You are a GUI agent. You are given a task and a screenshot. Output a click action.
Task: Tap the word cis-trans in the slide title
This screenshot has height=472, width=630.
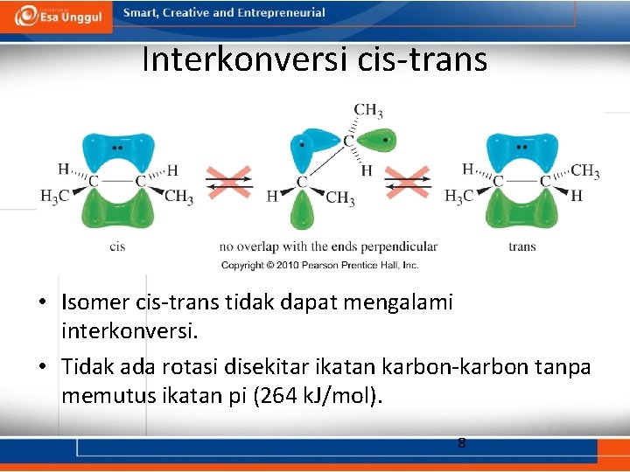(x=423, y=59)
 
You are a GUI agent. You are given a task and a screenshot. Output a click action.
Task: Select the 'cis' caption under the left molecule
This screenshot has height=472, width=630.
(x=117, y=246)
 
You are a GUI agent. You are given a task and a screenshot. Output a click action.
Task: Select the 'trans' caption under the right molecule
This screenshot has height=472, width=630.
(x=521, y=246)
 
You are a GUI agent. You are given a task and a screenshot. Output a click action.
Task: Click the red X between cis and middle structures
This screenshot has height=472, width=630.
(x=229, y=183)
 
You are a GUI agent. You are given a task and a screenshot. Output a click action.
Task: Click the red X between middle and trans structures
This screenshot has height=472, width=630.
(x=408, y=183)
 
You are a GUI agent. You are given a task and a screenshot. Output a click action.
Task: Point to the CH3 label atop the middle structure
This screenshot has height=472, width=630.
(x=367, y=111)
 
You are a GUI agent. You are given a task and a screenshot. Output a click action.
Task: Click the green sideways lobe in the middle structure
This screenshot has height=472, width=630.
(x=374, y=140)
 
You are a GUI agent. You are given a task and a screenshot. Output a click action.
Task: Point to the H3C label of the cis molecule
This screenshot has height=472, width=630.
(x=54, y=197)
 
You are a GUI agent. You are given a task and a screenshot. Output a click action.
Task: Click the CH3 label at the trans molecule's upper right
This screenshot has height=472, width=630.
(x=584, y=171)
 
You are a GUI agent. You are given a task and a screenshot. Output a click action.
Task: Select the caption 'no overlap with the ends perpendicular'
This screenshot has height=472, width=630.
(x=328, y=246)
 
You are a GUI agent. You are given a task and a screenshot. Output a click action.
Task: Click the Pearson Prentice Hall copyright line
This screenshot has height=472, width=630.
(x=319, y=265)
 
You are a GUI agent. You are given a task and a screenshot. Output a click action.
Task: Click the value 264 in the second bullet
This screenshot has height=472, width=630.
(x=276, y=395)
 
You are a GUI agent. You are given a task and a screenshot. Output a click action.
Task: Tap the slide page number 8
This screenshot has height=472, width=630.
(x=462, y=442)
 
